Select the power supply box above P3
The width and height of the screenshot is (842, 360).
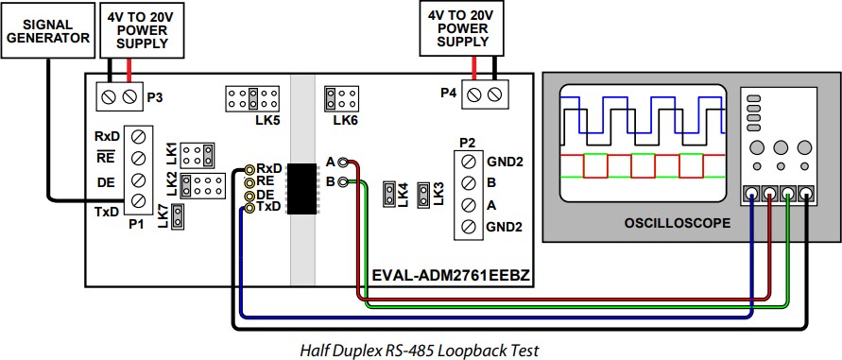[x=141, y=29]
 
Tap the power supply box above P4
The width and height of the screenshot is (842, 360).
[x=464, y=28]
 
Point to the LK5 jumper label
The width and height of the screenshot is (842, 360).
[x=266, y=120]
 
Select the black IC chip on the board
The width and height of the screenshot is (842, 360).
[x=301, y=189]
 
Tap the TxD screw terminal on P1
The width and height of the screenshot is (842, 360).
[x=139, y=200]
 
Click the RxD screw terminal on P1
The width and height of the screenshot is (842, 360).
[x=139, y=135]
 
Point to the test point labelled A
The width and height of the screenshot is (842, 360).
[x=342, y=162]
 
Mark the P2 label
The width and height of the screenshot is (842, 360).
[x=467, y=143]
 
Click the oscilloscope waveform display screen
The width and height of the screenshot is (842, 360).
[x=643, y=143]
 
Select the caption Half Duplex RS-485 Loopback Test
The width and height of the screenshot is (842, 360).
[x=420, y=350]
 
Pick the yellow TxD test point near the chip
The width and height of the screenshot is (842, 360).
[x=249, y=206]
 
